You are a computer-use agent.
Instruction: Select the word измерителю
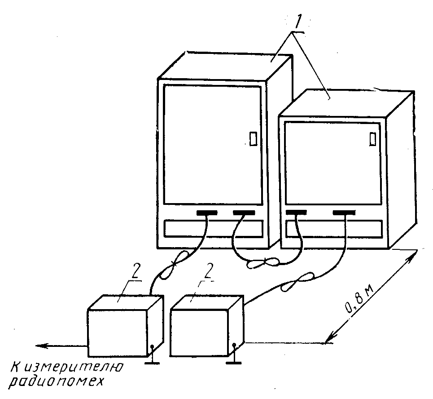pos(71,368)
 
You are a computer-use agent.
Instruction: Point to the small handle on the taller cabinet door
pos(253,138)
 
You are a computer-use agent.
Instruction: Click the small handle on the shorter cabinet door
pos(372,139)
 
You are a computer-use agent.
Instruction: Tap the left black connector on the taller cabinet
pos(206,212)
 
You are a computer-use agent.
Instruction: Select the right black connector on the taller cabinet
pos(244,212)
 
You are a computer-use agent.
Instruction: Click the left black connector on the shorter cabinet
pos(296,212)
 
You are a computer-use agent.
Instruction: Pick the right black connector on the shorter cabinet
pos(345,212)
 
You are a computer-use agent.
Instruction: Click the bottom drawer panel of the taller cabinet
pos(213,229)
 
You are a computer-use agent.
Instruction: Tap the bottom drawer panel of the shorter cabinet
pos(334,228)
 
